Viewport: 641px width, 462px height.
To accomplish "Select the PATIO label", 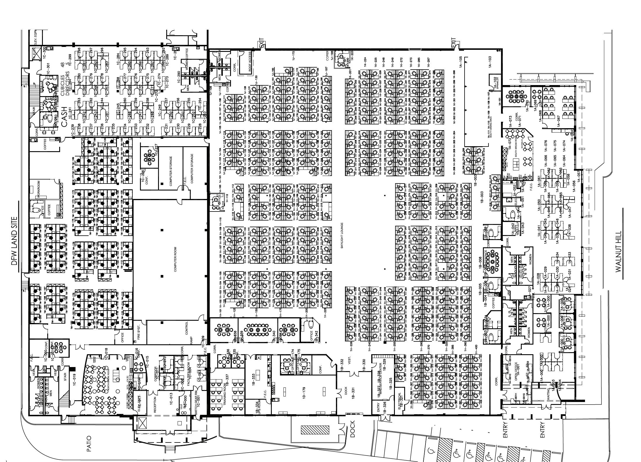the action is (x=89, y=444).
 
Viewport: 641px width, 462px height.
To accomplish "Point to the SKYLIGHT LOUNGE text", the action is (x=342, y=236).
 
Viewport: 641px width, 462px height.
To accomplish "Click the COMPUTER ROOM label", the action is (x=175, y=259).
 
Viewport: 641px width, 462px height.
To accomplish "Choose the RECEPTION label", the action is (x=155, y=404).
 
